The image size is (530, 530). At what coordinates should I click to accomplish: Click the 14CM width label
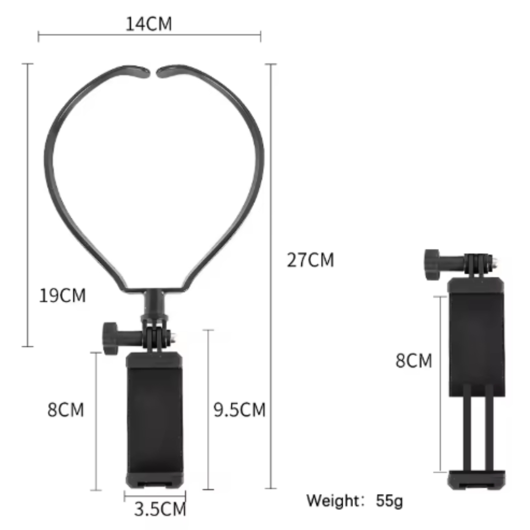click(x=149, y=24)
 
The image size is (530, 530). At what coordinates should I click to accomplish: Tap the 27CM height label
click(x=311, y=260)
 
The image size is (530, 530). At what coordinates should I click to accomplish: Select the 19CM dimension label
click(x=63, y=295)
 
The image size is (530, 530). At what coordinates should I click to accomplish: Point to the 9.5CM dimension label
click(x=239, y=410)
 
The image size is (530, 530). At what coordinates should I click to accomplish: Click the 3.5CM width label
click(x=160, y=509)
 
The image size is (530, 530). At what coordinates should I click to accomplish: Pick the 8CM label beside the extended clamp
click(x=414, y=360)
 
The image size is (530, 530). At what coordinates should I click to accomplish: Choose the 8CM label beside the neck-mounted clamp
click(x=66, y=410)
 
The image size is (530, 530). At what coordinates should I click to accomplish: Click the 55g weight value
click(x=389, y=501)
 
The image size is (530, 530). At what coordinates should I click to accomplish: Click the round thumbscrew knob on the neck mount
click(x=110, y=338)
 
